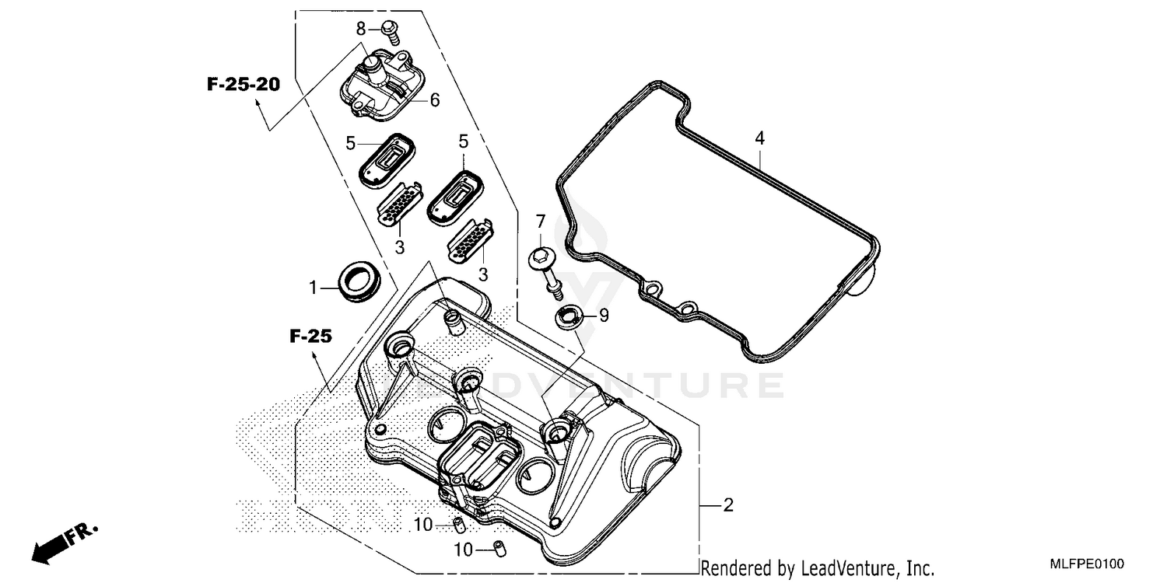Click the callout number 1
(313, 288)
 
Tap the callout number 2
(728, 506)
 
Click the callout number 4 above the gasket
(759, 138)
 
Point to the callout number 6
(434, 100)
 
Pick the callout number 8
(360, 29)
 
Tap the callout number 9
(604, 316)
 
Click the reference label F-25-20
(243, 85)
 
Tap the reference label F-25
(311, 337)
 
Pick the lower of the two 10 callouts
(463, 550)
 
